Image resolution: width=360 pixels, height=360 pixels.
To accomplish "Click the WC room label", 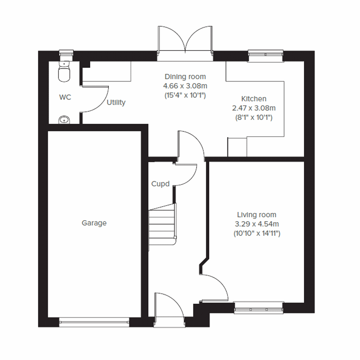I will pos(65,97).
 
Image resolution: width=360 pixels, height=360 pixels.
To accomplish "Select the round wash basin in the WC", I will pos(64,120).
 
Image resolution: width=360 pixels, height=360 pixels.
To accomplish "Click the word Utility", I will pos(116,103).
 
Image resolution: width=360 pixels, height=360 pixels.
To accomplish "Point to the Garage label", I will pos(94,223).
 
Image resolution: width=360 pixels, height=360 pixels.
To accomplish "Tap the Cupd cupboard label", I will pos(160,184).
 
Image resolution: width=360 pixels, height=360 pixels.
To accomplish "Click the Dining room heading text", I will pos(185,76).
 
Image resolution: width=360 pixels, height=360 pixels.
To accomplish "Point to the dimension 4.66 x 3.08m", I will pos(185,86).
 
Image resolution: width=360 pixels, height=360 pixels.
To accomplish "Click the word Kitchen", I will pos(254,99).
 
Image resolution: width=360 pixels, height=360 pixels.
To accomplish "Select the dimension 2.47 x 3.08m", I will pos(254,108).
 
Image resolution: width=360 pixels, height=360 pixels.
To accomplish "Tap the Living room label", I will pos(257,215).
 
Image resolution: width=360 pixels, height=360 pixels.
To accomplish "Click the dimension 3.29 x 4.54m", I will pos(257,224).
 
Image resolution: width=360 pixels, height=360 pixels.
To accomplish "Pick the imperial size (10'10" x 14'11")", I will pos(257,234).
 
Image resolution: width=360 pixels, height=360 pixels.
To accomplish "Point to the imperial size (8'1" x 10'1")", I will pos(254,118).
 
